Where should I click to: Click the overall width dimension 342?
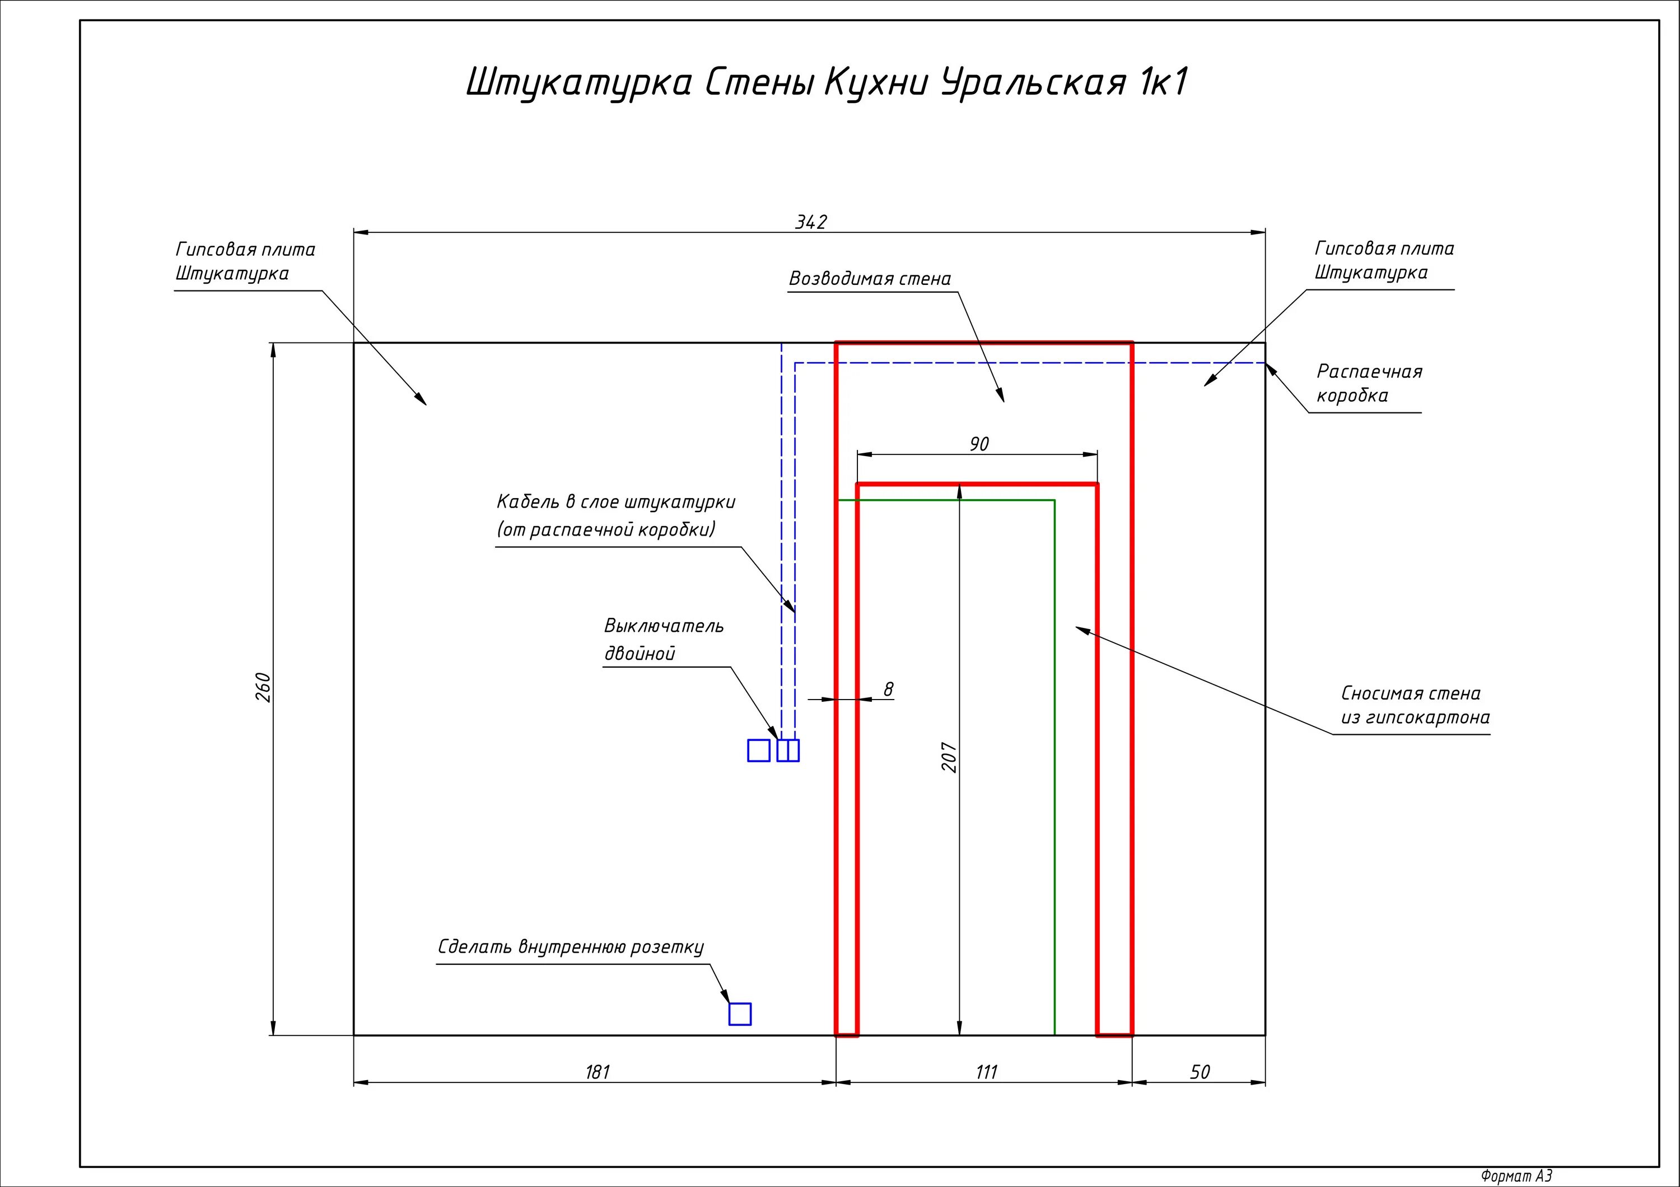[811, 222]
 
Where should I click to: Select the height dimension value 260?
[263, 687]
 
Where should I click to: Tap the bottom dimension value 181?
[597, 1072]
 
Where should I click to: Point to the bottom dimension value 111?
[986, 1072]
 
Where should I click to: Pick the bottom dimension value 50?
[1200, 1072]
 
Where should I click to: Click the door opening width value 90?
[979, 444]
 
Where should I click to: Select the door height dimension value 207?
[949, 757]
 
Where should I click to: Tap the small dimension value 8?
[888, 689]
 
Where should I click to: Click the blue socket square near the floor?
[740, 1014]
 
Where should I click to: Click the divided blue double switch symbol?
[788, 750]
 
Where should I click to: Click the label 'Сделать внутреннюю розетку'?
[571, 947]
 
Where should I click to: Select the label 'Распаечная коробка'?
[1368, 383]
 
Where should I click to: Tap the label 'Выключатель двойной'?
[663, 639]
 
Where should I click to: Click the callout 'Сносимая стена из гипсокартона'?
[1415, 705]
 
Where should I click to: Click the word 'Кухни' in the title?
[876, 82]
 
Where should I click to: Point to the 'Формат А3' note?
[1516, 1176]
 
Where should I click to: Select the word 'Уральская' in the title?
[1033, 82]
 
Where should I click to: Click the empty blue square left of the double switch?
[759, 750]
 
